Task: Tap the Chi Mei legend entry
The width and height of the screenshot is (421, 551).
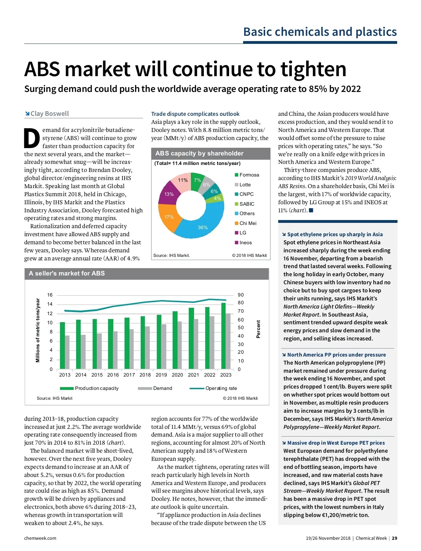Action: pyautogui.click(x=248, y=223)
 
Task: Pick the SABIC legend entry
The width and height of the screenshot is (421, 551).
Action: pyautogui.click(x=247, y=204)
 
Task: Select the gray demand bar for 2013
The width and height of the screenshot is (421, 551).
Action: pyautogui.click(x=67, y=352)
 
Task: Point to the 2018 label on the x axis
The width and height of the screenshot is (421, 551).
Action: pyautogui.click(x=145, y=375)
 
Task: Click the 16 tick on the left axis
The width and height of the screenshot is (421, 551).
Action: pyautogui.click(x=50, y=295)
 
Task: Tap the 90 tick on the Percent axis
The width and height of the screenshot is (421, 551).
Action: pyautogui.click(x=241, y=295)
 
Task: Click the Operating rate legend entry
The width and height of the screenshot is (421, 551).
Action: pyautogui.click(x=221, y=388)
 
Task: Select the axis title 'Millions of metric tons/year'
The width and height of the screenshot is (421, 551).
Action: pyautogui.click(x=38, y=330)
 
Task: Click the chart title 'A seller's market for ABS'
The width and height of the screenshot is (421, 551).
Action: pyautogui.click(x=67, y=273)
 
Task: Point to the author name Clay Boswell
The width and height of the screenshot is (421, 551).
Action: pyautogui.click(x=49, y=113)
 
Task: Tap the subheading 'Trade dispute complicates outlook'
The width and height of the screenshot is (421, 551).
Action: pyautogui.click(x=195, y=114)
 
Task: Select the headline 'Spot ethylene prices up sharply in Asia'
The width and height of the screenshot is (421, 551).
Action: pyautogui.click(x=335, y=234)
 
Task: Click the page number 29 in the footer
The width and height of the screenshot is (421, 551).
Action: pyautogui.click(x=394, y=538)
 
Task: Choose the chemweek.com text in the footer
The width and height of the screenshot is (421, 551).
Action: pyautogui.click(x=40, y=538)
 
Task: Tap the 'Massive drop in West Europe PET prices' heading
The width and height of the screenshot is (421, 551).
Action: pyautogui.click(x=336, y=443)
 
